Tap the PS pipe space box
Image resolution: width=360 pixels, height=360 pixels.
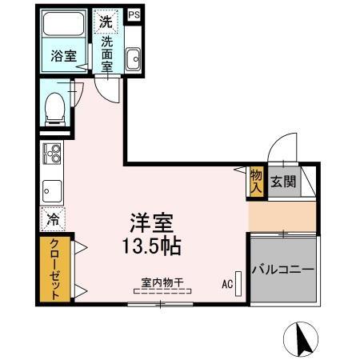pos(134,14)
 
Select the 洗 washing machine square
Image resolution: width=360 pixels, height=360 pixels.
pos(106,22)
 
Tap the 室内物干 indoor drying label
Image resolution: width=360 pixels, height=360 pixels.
pos(162,282)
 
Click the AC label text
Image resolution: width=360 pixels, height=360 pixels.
pos(226,282)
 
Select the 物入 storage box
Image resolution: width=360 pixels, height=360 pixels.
pos(256,181)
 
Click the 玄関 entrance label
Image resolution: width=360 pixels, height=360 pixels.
pos(282,181)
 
